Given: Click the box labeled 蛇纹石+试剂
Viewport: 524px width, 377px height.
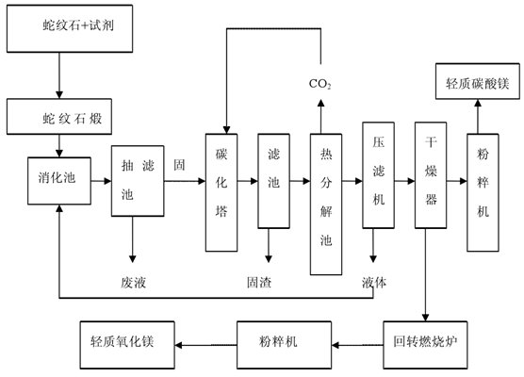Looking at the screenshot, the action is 70,28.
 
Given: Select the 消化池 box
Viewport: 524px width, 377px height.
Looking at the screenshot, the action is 59,181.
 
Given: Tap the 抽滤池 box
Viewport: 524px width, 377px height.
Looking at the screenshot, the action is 138,181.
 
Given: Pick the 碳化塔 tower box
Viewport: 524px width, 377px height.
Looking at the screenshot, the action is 221,192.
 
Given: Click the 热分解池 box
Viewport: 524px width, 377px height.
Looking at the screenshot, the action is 326,205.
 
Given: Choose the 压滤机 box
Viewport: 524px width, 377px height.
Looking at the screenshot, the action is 378,175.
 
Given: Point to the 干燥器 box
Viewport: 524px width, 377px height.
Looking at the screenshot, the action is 431,175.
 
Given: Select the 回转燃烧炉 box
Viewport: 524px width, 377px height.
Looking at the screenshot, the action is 425,345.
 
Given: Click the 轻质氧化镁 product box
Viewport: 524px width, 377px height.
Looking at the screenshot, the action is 127,345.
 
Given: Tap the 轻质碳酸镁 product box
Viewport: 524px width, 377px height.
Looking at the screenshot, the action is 478,81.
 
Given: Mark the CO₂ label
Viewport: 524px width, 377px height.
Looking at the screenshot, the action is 319,84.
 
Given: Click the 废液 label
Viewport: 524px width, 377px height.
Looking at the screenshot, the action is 133,283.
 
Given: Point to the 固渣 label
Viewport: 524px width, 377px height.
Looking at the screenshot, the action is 259,283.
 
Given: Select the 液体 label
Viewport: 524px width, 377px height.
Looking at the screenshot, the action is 374,283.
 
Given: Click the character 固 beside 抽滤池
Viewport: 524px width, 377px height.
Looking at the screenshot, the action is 179,165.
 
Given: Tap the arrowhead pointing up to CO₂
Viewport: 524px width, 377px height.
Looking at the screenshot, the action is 320,103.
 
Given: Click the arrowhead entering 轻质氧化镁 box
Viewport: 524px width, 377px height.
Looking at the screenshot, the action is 178,345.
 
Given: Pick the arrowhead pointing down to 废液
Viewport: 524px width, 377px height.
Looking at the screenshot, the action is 133,258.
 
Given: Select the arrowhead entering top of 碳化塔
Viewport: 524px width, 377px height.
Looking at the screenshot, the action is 226,130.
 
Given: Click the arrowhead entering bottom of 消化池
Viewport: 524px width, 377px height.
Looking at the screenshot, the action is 59,208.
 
